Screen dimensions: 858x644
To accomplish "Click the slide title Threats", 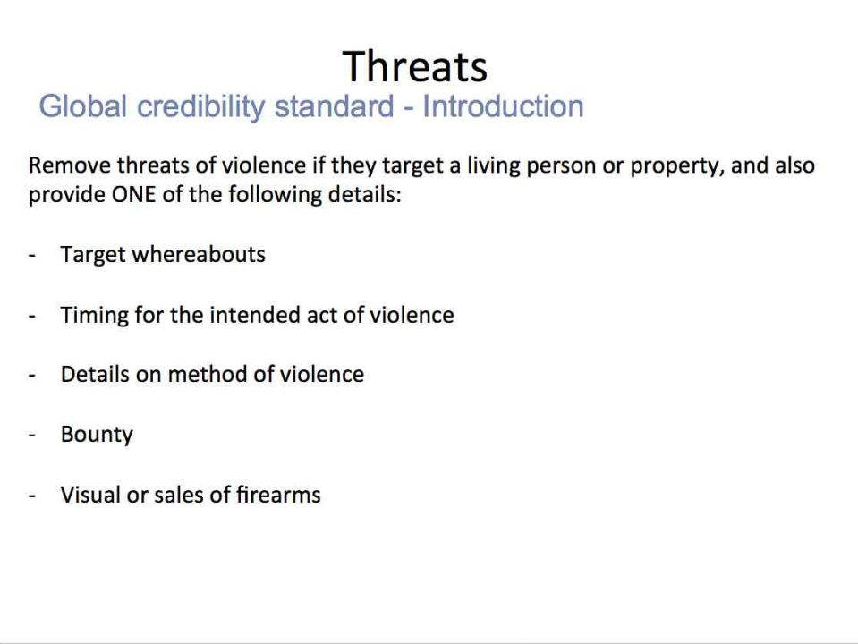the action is [415, 67].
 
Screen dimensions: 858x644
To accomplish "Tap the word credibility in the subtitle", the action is [200, 107].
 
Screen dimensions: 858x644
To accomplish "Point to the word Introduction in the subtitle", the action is [503, 106].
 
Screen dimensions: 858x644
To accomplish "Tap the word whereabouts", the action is [199, 254].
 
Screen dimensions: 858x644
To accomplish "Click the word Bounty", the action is [97, 436].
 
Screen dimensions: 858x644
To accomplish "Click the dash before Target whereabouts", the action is [31, 256].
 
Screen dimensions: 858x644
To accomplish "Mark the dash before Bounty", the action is [31, 435].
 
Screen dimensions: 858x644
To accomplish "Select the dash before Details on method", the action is [31, 376].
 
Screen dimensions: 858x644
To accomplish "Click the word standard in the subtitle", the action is [334, 106].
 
